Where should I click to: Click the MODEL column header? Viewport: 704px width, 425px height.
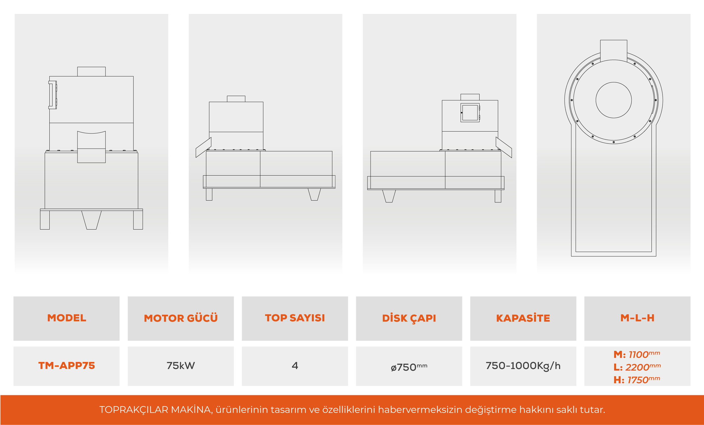(x=67, y=318)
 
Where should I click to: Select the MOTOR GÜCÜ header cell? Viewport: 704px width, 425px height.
(x=180, y=318)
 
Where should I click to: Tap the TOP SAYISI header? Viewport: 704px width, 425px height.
(x=295, y=318)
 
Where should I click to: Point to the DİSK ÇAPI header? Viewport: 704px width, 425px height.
(x=409, y=318)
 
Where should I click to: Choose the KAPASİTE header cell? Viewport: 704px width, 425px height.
(x=523, y=318)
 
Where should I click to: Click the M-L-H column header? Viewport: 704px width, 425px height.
(x=637, y=318)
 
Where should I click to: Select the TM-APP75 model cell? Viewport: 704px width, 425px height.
(x=67, y=366)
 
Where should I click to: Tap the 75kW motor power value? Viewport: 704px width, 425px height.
(x=180, y=366)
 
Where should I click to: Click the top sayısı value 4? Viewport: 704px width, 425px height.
(x=295, y=366)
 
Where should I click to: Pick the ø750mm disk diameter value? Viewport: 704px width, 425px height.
(x=409, y=367)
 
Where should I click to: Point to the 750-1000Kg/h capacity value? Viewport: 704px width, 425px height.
(x=523, y=366)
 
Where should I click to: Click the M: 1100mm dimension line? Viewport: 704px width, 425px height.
(x=637, y=354)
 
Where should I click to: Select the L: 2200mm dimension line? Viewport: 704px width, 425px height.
(x=637, y=367)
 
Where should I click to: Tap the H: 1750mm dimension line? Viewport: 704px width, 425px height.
(x=637, y=380)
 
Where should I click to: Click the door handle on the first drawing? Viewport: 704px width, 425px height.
(x=52, y=95)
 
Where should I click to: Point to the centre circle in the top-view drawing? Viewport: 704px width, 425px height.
(x=613, y=100)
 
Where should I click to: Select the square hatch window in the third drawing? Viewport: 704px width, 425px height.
(x=470, y=113)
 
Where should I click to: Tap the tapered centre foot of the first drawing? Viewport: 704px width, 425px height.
(x=91, y=220)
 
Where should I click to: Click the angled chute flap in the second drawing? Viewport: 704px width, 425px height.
(x=203, y=147)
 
